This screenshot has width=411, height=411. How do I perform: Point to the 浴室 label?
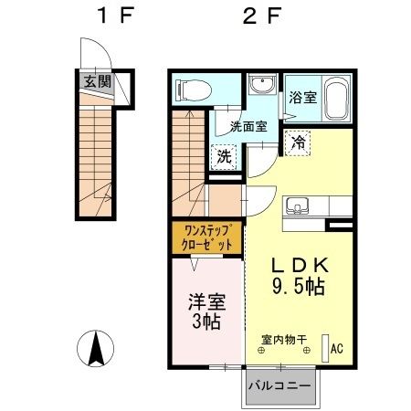300,95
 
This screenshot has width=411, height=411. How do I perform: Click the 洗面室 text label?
248,127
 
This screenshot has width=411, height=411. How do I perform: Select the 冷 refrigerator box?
298,142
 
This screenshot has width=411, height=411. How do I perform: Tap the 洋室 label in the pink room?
207,301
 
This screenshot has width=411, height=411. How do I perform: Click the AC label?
335,348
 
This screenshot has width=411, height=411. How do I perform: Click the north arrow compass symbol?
95,349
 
